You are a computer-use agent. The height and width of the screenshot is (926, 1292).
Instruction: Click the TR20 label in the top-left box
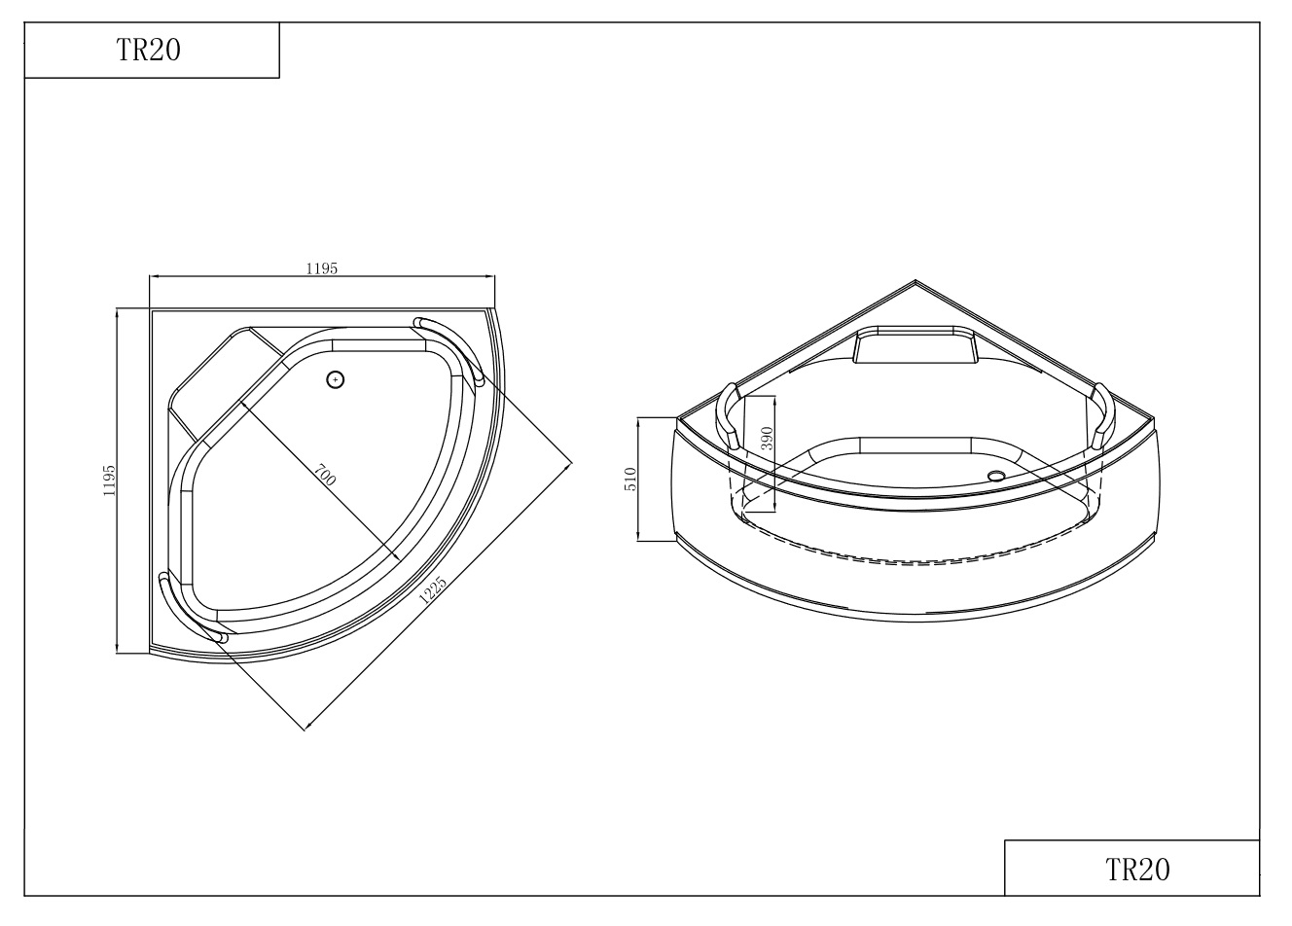(x=149, y=51)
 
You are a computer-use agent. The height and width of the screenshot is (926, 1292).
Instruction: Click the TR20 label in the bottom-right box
(x=1137, y=870)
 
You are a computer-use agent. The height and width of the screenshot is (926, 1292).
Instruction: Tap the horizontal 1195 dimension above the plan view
(x=322, y=268)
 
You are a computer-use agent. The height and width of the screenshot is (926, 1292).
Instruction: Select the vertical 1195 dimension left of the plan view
(x=108, y=481)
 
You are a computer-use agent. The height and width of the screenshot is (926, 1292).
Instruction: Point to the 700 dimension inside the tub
(x=325, y=475)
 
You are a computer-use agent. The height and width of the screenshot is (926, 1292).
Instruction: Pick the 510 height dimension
(x=630, y=480)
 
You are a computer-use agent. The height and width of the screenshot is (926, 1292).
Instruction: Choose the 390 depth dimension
(x=766, y=439)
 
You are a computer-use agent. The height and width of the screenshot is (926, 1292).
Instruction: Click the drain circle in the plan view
(x=335, y=380)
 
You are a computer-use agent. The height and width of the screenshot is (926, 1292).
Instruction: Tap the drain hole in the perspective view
(x=996, y=476)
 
